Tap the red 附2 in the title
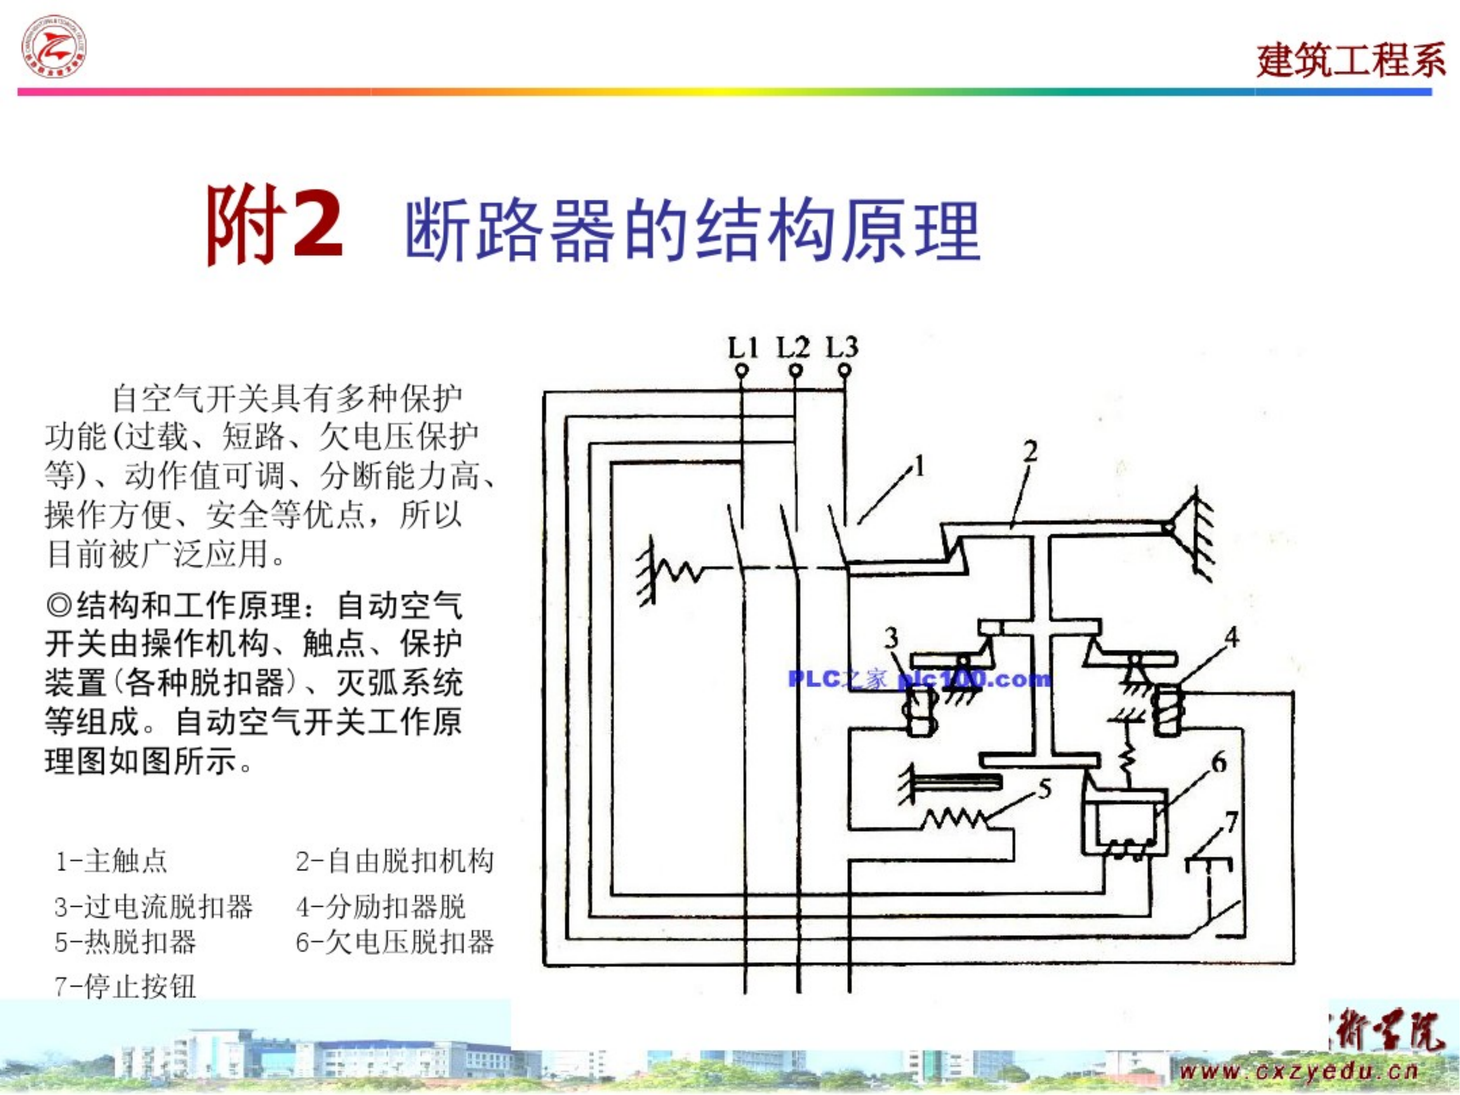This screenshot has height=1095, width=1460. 274,224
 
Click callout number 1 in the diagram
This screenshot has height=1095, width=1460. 919,467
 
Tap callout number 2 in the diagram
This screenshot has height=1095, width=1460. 1030,452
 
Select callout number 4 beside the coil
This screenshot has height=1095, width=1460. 1232,638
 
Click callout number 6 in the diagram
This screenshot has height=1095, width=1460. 1219,763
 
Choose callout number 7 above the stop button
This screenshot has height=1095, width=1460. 1232,822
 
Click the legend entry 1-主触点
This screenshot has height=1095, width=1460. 111,861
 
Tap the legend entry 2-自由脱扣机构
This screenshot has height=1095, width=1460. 394,861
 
